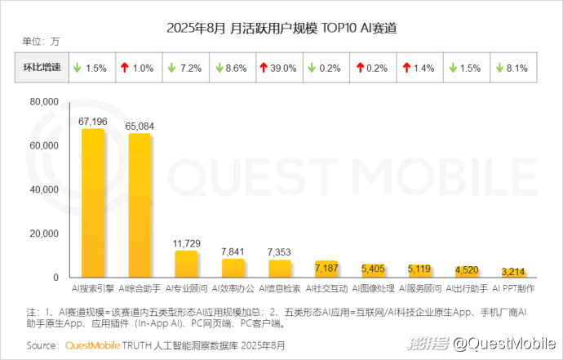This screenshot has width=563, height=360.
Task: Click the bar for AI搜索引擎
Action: pyautogui.click(x=92, y=204)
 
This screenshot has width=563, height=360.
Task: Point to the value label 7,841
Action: pyautogui.click(x=233, y=251)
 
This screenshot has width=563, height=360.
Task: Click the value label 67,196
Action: pyautogui.click(x=93, y=121)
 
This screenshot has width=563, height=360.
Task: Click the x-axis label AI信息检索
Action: pyautogui.click(x=280, y=289)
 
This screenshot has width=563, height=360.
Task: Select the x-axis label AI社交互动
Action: pyautogui.click(x=326, y=289)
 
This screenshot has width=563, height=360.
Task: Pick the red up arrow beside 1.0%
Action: pyautogui.click(x=125, y=69)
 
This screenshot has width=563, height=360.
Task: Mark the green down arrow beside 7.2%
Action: pyautogui.click(x=173, y=69)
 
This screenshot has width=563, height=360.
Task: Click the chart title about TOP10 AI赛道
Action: pyautogui.click(x=281, y=28)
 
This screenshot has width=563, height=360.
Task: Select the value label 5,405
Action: pyautogui.click(x=374, y=267)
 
